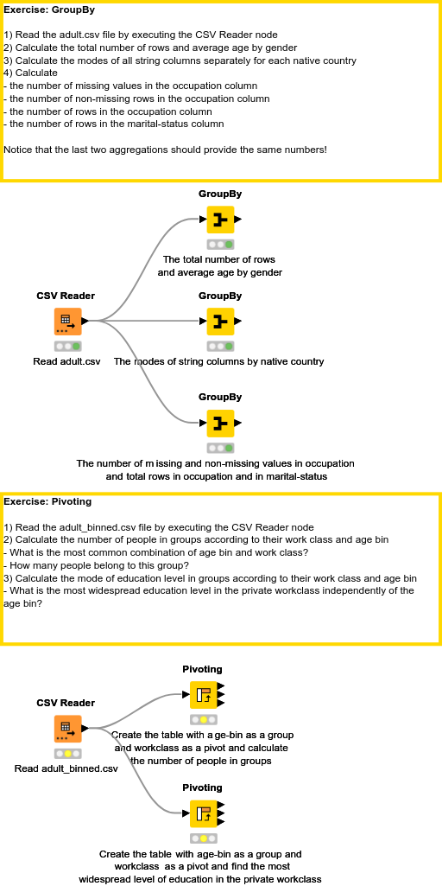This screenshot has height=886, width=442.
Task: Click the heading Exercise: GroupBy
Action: pos(49,10)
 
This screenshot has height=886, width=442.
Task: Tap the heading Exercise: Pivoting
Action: pos(47,500)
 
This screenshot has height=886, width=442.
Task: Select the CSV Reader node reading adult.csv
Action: pos(67,322)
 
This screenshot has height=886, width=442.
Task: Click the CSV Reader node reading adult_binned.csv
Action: pos(67,729)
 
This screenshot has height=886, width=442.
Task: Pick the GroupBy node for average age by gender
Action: pos(220,220)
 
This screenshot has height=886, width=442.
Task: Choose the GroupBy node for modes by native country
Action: pos(220,322)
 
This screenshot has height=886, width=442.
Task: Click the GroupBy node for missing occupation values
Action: pos(220,424)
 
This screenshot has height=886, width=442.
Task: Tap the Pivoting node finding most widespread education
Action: pos(203,813)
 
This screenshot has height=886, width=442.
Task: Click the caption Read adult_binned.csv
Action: pos(66,768)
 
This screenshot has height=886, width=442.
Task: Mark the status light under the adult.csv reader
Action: pos(67,347)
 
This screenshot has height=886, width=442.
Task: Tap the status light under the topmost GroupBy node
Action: pos(220,245)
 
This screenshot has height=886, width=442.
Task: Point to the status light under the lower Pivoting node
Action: pos(203,838)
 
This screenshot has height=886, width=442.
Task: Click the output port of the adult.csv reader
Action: pos(85,322)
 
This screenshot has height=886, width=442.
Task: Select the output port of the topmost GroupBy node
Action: pos(238,220)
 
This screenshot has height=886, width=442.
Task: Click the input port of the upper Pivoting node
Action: pos(185,694)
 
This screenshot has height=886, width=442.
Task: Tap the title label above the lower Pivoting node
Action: pos(203,787)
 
